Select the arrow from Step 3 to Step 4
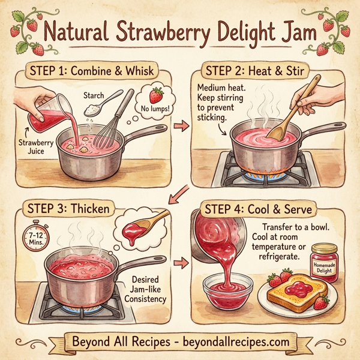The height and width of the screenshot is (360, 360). (178, 263)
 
